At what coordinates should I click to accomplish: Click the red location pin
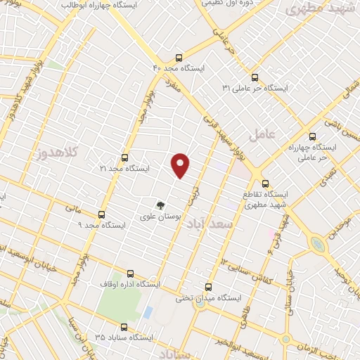(x=181, y=165)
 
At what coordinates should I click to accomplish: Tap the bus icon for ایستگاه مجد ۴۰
(x=179, y=58)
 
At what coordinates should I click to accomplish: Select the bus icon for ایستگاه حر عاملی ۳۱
(x=254, y=77)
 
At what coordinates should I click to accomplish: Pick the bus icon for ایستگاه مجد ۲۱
(x=125, y=157)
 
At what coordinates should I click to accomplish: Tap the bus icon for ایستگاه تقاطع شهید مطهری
(x=264, y=183)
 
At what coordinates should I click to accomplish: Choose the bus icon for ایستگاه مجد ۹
(x=102, y=214)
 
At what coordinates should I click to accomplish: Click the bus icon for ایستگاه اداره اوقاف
(x=130, y=274)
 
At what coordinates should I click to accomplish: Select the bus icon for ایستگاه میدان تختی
(x=207, y=287)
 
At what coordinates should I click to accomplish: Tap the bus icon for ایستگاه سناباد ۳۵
(x=124, y=327)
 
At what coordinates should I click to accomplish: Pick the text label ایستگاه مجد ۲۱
(x=125, y=169)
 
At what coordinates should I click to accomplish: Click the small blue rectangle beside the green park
(x=148, y=311)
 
